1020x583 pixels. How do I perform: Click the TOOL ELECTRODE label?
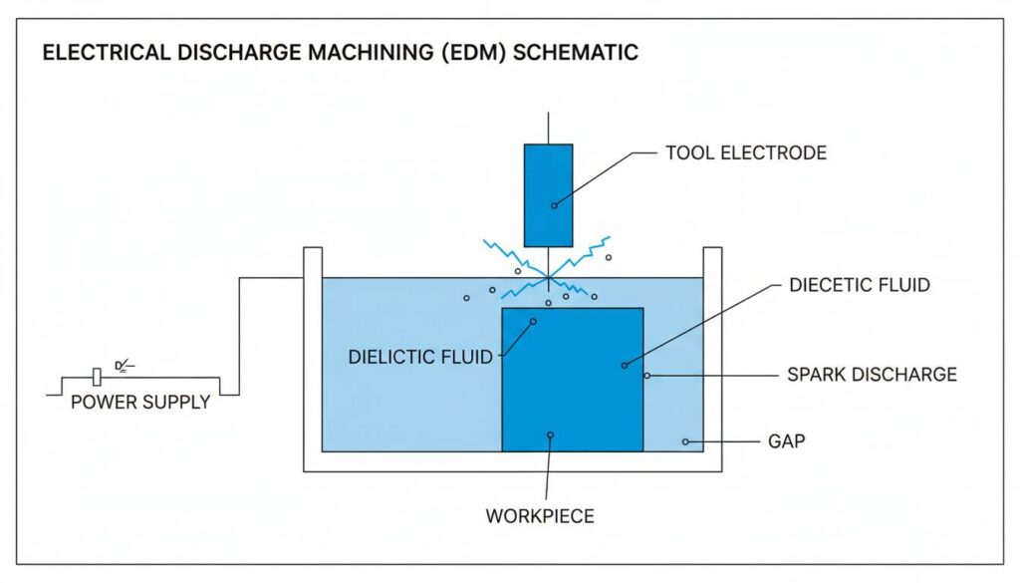(746, 152)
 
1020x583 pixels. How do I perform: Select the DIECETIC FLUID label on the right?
(860, 285)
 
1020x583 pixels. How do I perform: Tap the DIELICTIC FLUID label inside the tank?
(420, 357)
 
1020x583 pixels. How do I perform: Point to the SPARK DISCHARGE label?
(872, 375)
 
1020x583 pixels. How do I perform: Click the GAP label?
(786, 440)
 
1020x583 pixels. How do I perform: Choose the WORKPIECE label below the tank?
(540, 516)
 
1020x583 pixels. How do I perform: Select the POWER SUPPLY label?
(140, 403)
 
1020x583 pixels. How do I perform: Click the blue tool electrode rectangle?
(548, 194)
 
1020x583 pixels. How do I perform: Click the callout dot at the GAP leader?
(685, 440)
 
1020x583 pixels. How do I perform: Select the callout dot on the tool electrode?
(555, 203)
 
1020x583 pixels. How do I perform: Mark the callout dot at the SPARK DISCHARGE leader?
(646, 376)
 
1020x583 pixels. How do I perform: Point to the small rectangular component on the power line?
(96, 377)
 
